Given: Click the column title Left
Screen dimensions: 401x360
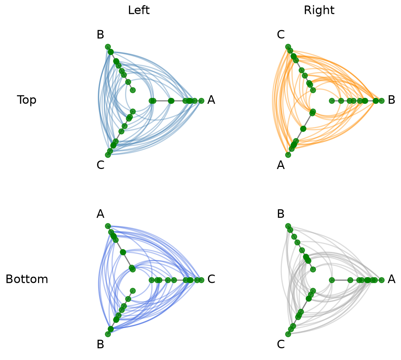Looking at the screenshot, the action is click(x=139, y=10).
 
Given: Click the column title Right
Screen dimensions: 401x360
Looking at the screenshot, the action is click(x=319, y=10).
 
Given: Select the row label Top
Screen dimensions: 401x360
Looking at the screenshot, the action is click(x=27, y=100).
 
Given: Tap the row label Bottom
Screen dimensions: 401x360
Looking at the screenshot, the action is click(x=27, y=279).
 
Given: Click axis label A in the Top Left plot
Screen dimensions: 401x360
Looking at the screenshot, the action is click(x=211, y=100).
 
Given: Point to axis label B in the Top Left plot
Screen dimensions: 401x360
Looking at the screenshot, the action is click(x=101, y=35).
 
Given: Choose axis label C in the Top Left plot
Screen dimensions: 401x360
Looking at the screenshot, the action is click(x=101, y=165).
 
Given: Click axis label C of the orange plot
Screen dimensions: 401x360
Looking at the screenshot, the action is click(x=281, y=35).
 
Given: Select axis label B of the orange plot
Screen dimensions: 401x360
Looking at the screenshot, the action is click(x=391, y=100).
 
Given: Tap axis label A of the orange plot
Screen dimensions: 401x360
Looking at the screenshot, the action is click(x=281, y=165).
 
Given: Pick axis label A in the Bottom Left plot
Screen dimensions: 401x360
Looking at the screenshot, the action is click(x=101, y=214).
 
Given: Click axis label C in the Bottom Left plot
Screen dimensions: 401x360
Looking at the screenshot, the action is click(x=211, y=279).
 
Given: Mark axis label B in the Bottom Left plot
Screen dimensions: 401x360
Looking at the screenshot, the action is click(x=101, y=344).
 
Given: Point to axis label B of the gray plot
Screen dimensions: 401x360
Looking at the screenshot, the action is click(x=281, y=214).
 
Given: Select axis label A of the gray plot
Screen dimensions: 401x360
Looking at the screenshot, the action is click(x=391, y=279).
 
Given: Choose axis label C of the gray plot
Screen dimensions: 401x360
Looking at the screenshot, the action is click(x=281, y=344).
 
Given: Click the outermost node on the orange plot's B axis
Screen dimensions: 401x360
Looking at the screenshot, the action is click(x=381, y=101).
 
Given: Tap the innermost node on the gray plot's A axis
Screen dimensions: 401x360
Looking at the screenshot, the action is click(x=332, y=280).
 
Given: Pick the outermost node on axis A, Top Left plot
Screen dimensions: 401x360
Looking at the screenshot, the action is click(x=201, y=101).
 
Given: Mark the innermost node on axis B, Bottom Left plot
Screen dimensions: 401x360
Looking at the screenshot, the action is click(x=133, y=291).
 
